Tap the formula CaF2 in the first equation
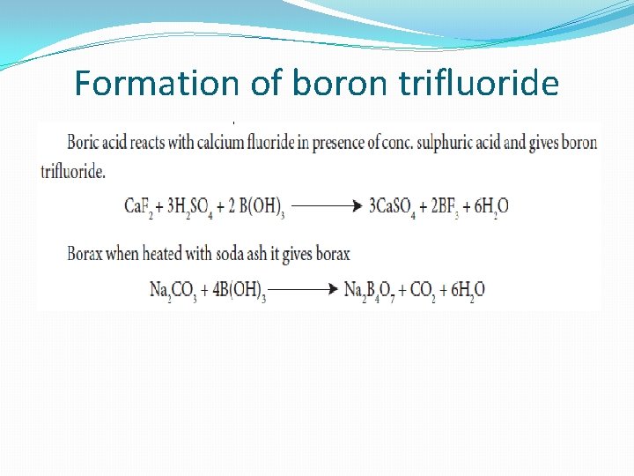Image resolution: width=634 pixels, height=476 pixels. tap(137, 207)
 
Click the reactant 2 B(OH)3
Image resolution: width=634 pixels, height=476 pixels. tap(256, 207)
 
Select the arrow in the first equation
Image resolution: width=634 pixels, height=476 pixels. tap(327, 207)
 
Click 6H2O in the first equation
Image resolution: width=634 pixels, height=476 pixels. tap(487, 207)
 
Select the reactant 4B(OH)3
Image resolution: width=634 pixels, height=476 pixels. tap(232, 290)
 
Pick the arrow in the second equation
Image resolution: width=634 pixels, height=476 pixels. tap(303, 290)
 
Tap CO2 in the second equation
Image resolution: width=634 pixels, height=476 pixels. tap(425, 290)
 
